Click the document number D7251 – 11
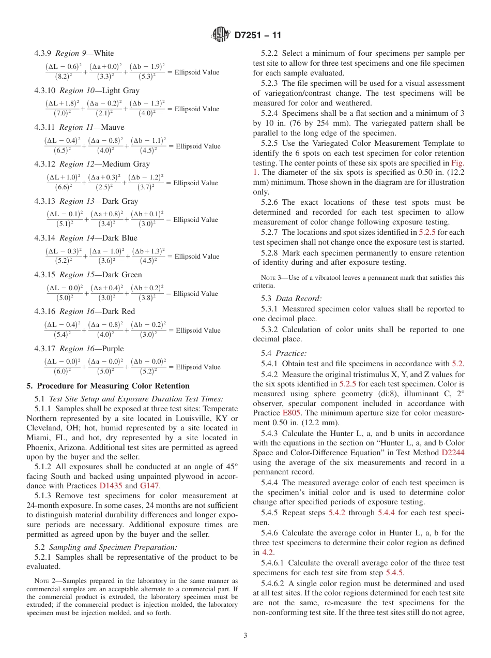click(258, 36)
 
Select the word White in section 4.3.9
click(104, 53)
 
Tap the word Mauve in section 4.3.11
click(113, 127)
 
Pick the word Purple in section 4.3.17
click(113, 349)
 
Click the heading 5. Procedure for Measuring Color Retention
click(108, 386)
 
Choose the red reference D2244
click(453, 452)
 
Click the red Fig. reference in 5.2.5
click(457, 162)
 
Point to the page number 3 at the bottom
click(245, 636)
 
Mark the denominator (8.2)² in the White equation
click(64, 77)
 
